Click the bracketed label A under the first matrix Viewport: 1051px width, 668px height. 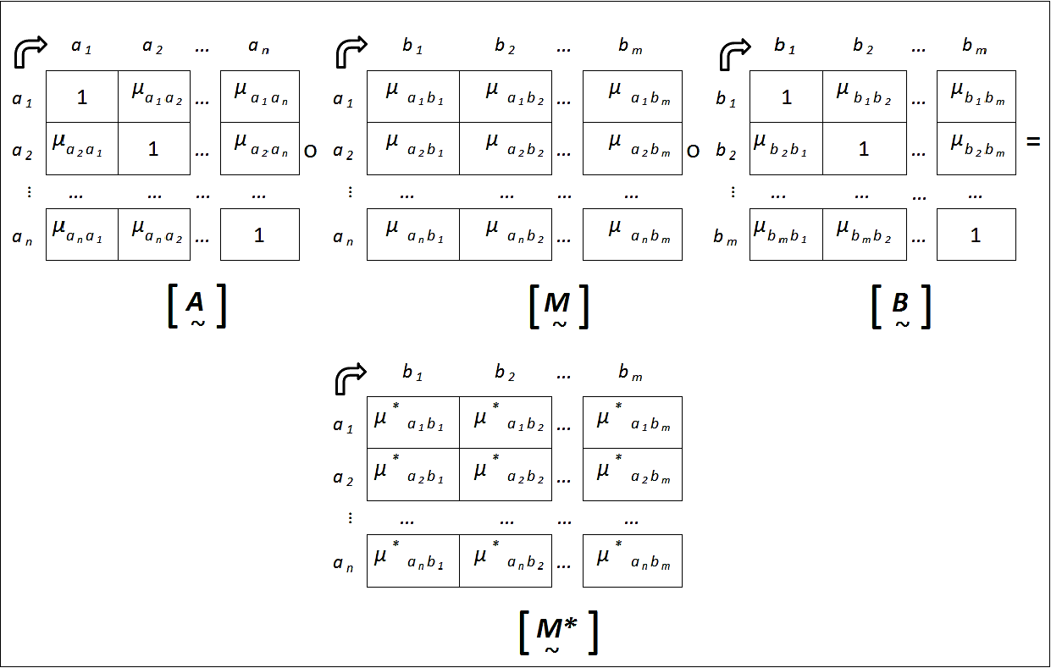196,307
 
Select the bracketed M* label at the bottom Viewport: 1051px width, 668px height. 558,631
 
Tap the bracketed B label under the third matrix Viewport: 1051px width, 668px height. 901,306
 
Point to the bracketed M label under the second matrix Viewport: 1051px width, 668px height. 558,307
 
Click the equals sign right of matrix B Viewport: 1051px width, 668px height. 1032,142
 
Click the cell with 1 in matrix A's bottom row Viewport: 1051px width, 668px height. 259,235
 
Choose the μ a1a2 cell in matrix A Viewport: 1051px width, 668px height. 154,97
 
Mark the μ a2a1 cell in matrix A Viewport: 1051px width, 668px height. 81,148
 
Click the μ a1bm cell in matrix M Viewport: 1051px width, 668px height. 632,97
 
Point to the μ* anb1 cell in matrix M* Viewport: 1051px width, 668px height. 412,560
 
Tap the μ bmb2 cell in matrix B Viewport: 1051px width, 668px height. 864,235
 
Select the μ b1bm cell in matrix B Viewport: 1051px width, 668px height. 976,97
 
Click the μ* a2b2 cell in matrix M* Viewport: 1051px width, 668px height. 505,474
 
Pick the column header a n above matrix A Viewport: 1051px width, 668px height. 258,47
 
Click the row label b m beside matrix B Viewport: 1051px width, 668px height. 725,239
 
